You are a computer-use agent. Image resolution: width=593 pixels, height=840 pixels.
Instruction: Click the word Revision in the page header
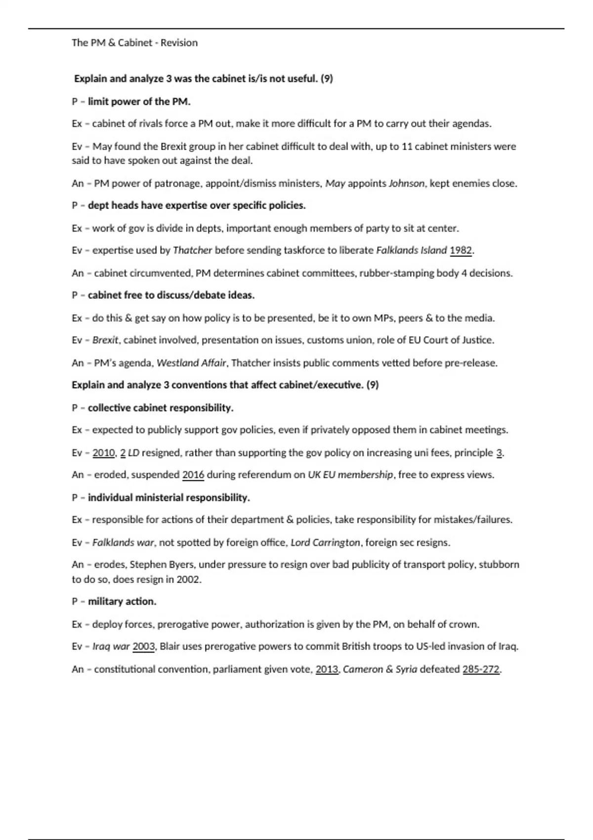[179, 43]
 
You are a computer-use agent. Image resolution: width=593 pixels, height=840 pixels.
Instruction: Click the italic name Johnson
[406, 183]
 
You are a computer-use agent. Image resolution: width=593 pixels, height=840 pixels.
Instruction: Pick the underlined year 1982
[461, 251]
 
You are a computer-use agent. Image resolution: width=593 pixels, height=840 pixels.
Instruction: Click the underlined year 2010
[103, 453]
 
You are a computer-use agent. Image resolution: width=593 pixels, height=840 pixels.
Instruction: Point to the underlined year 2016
[193, 475]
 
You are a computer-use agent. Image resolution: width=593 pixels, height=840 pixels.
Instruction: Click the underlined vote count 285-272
[481, 670]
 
